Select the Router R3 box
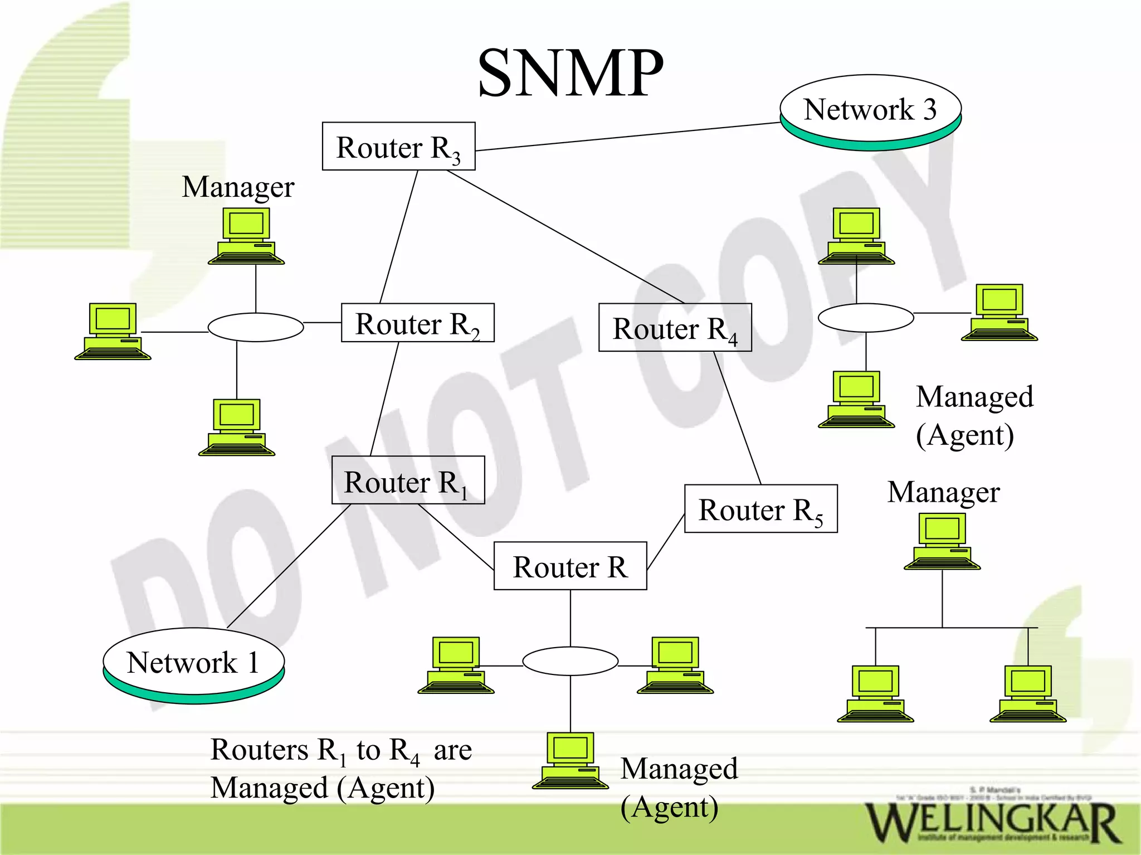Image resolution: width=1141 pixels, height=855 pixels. [398, 147]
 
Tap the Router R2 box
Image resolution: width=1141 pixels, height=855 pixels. [417, 323]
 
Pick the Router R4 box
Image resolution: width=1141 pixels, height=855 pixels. [675, 328]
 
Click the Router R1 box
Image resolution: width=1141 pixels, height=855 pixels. [408, 480]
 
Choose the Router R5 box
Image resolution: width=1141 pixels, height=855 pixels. [760, 509]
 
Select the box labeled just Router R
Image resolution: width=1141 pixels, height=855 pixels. [570, 566]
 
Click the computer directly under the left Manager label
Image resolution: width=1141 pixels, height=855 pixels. [246, 236]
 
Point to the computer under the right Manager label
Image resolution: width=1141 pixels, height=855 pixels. [942, 541]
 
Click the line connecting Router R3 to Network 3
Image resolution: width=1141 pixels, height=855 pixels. [627, 137]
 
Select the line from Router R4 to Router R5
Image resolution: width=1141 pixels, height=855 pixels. [738, 418]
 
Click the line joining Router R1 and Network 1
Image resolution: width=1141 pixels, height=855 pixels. [289, 566]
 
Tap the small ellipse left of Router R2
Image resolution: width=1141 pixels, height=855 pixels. [256, 327]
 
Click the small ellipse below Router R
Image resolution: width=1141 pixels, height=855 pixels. [570, 661]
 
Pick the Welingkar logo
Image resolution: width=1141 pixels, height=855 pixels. [992, 823]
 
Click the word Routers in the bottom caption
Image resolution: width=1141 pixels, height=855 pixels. [259, 750]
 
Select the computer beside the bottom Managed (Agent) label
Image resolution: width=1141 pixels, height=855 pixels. [570, 761]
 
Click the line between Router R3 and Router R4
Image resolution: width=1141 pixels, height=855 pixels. [565, 236]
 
